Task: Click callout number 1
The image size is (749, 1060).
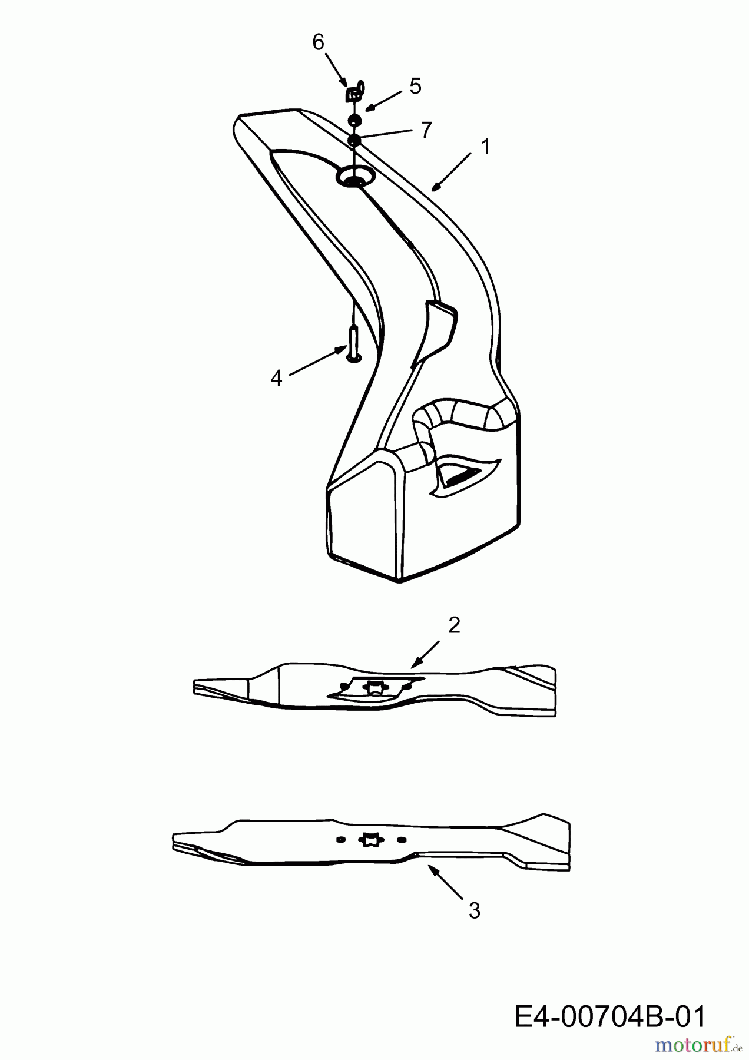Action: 485,147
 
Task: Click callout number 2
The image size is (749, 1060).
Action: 453,625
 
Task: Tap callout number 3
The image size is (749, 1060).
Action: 474,911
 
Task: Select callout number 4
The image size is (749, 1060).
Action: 276,378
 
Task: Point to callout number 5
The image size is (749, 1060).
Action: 416,87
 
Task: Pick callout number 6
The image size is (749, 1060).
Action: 318,42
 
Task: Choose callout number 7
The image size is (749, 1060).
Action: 426,130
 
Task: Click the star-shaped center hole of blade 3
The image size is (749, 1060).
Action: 371,839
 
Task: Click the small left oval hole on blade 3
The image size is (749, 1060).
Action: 340,839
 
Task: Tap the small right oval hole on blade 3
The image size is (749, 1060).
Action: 402,839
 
